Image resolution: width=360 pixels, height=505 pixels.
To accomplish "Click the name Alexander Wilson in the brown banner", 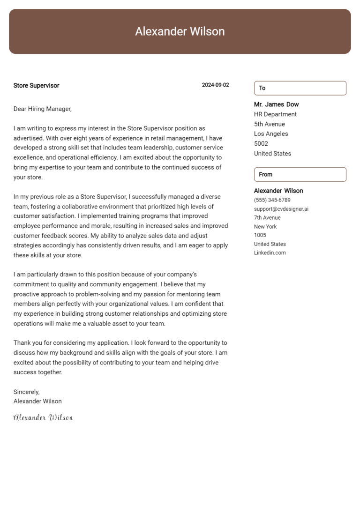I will (x=180, y=31).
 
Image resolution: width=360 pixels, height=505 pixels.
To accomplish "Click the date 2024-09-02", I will (x=215, y=85).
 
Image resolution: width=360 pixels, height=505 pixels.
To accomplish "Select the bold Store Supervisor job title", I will (x=36, y=86).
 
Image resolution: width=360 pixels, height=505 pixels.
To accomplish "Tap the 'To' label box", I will (x=300, y=88).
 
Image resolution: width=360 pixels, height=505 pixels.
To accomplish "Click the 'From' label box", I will (x=300, y=174).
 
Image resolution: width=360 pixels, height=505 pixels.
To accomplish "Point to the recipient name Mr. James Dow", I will (x=276, y=104).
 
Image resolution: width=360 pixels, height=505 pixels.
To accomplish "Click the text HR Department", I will (x=275, y=114).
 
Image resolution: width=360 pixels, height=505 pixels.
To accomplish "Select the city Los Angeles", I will (x=271, y=134).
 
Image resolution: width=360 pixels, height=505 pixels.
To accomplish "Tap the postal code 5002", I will (x=261, y=144).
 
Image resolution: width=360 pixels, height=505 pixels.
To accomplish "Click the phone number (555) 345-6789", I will (x=272, y=200).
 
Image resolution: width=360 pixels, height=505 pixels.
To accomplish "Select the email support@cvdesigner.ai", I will (x=281, y=209).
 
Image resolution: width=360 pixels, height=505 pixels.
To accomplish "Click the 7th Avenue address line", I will (x=267, y=218).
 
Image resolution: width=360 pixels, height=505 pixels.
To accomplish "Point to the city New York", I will (x=265, y=227).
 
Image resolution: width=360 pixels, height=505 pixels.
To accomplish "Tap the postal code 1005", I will (x=260, y=235).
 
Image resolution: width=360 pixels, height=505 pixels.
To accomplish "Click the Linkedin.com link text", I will (x=270, y=253).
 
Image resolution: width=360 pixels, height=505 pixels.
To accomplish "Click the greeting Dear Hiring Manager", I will (x=42, y=109).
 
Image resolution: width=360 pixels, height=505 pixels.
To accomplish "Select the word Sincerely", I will (x=27, y=392).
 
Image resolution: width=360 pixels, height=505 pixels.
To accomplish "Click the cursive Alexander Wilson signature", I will (x=43, y=417).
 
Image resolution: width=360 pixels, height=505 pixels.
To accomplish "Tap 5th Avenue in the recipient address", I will (x=270, y=124).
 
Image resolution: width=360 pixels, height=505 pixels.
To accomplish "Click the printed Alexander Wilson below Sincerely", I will (x=37, y=401).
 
